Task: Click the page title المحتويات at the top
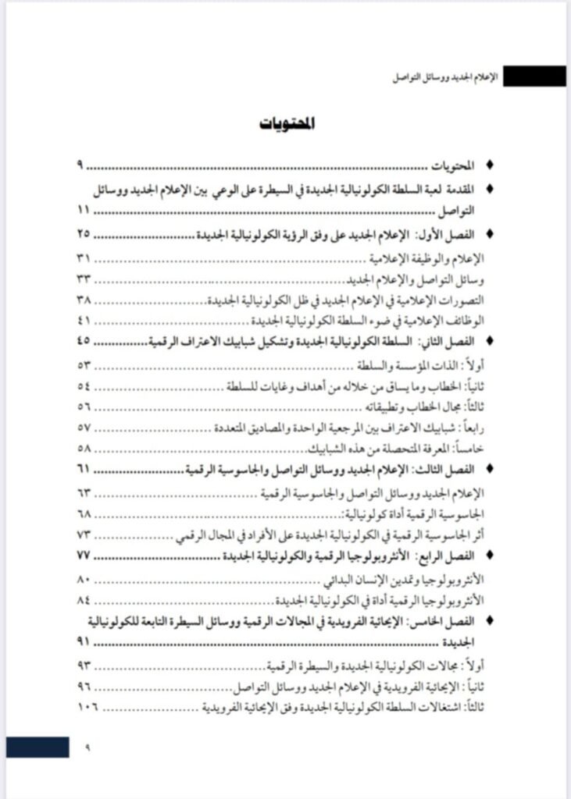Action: [287, 124]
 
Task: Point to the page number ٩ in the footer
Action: [87, 747]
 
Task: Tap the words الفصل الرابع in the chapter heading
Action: [446, 555]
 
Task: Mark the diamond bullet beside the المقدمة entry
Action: [490, 188]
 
